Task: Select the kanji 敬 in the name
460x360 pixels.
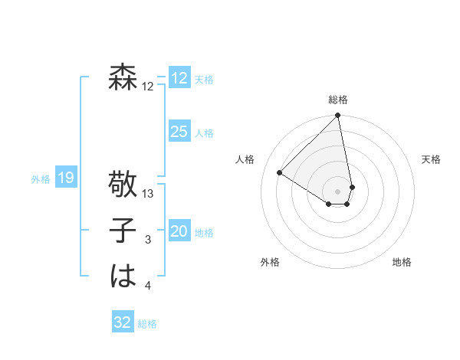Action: click(x=123, y=185)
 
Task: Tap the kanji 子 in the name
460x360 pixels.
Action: click(x=123, y=231)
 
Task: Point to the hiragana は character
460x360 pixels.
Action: click(x=123, y=277)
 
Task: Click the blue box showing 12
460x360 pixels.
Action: click(x=179, y=78)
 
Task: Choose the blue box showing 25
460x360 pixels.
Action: click(x=179, y=132)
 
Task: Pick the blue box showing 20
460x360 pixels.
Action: click(x=179, y=231)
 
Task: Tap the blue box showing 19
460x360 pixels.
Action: click(x=65, y=178)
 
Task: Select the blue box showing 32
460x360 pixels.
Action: click(x=123, y=322)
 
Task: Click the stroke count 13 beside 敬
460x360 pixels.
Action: click(x=149, y=195)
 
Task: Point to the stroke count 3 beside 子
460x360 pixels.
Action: click(x=148, y=241)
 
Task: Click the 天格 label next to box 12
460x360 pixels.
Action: click(x=204, y=80)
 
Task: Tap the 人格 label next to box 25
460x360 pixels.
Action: click(x=204, y=133)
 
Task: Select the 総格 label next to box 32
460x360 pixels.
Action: click(x=147, y=324)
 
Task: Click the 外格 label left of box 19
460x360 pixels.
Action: click(x=41, y=179)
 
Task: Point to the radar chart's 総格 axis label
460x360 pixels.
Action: click(x=338, y=100)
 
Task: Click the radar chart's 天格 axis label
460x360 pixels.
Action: click(x=432, y=159)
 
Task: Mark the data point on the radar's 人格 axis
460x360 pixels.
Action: click(x=280, y=173)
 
